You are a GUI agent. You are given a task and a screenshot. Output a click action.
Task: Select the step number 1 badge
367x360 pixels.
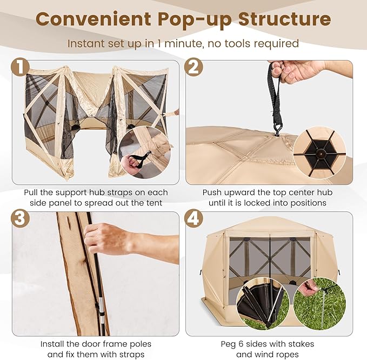click(x=20, y=68)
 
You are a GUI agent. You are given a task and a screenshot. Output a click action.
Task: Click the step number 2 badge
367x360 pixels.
click(x=193, y=68)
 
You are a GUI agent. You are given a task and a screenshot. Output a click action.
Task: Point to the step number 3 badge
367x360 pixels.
click(x=20, y=219)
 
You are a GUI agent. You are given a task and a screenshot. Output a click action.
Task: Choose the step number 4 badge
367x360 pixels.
click(x=193, y=219)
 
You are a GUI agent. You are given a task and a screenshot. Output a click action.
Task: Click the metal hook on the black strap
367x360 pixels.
click(x=279, y=128)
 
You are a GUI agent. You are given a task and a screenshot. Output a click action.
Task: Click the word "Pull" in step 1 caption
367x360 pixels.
click(x=34, y=192)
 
